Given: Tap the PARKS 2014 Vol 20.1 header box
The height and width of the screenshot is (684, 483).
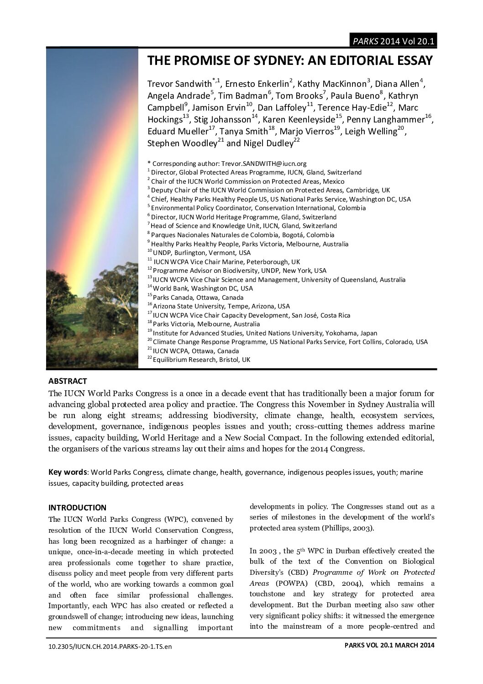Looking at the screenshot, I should coord(392,41).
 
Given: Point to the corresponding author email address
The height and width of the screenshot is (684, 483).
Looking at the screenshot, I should coord(263,164).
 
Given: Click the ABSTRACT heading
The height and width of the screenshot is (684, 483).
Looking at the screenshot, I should coord(68,381).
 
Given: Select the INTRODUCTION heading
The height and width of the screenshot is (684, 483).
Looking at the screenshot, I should coord(77,508).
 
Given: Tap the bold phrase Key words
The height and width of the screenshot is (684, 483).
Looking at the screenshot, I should coord(68,472).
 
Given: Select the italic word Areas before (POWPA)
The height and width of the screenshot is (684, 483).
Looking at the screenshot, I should coord(260,583).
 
